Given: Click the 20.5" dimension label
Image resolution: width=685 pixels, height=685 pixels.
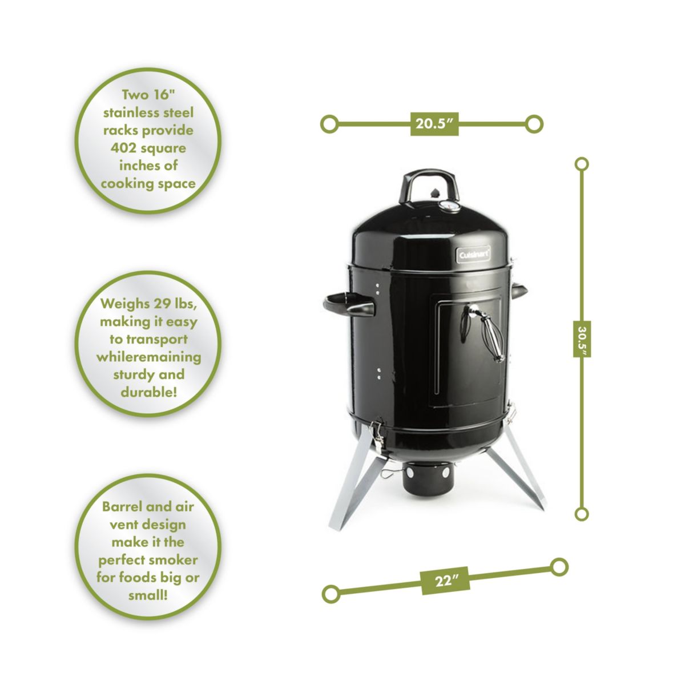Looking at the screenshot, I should click(x=434, y=123).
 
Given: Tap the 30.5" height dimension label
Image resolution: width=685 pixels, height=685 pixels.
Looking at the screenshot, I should click(x=581, y=337).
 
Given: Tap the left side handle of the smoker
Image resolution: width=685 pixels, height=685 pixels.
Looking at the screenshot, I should click(x=349, y=305).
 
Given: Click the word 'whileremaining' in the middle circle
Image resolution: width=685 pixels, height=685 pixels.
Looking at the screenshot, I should click(x=148, y=357).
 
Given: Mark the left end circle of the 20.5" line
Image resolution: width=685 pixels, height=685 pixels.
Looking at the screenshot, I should click(x=329, y=123).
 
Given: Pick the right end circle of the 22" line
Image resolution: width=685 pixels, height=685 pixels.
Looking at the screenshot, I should click(x=559, y=567).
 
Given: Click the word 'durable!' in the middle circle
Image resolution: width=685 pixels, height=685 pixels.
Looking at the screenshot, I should click(x=148, y=392).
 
